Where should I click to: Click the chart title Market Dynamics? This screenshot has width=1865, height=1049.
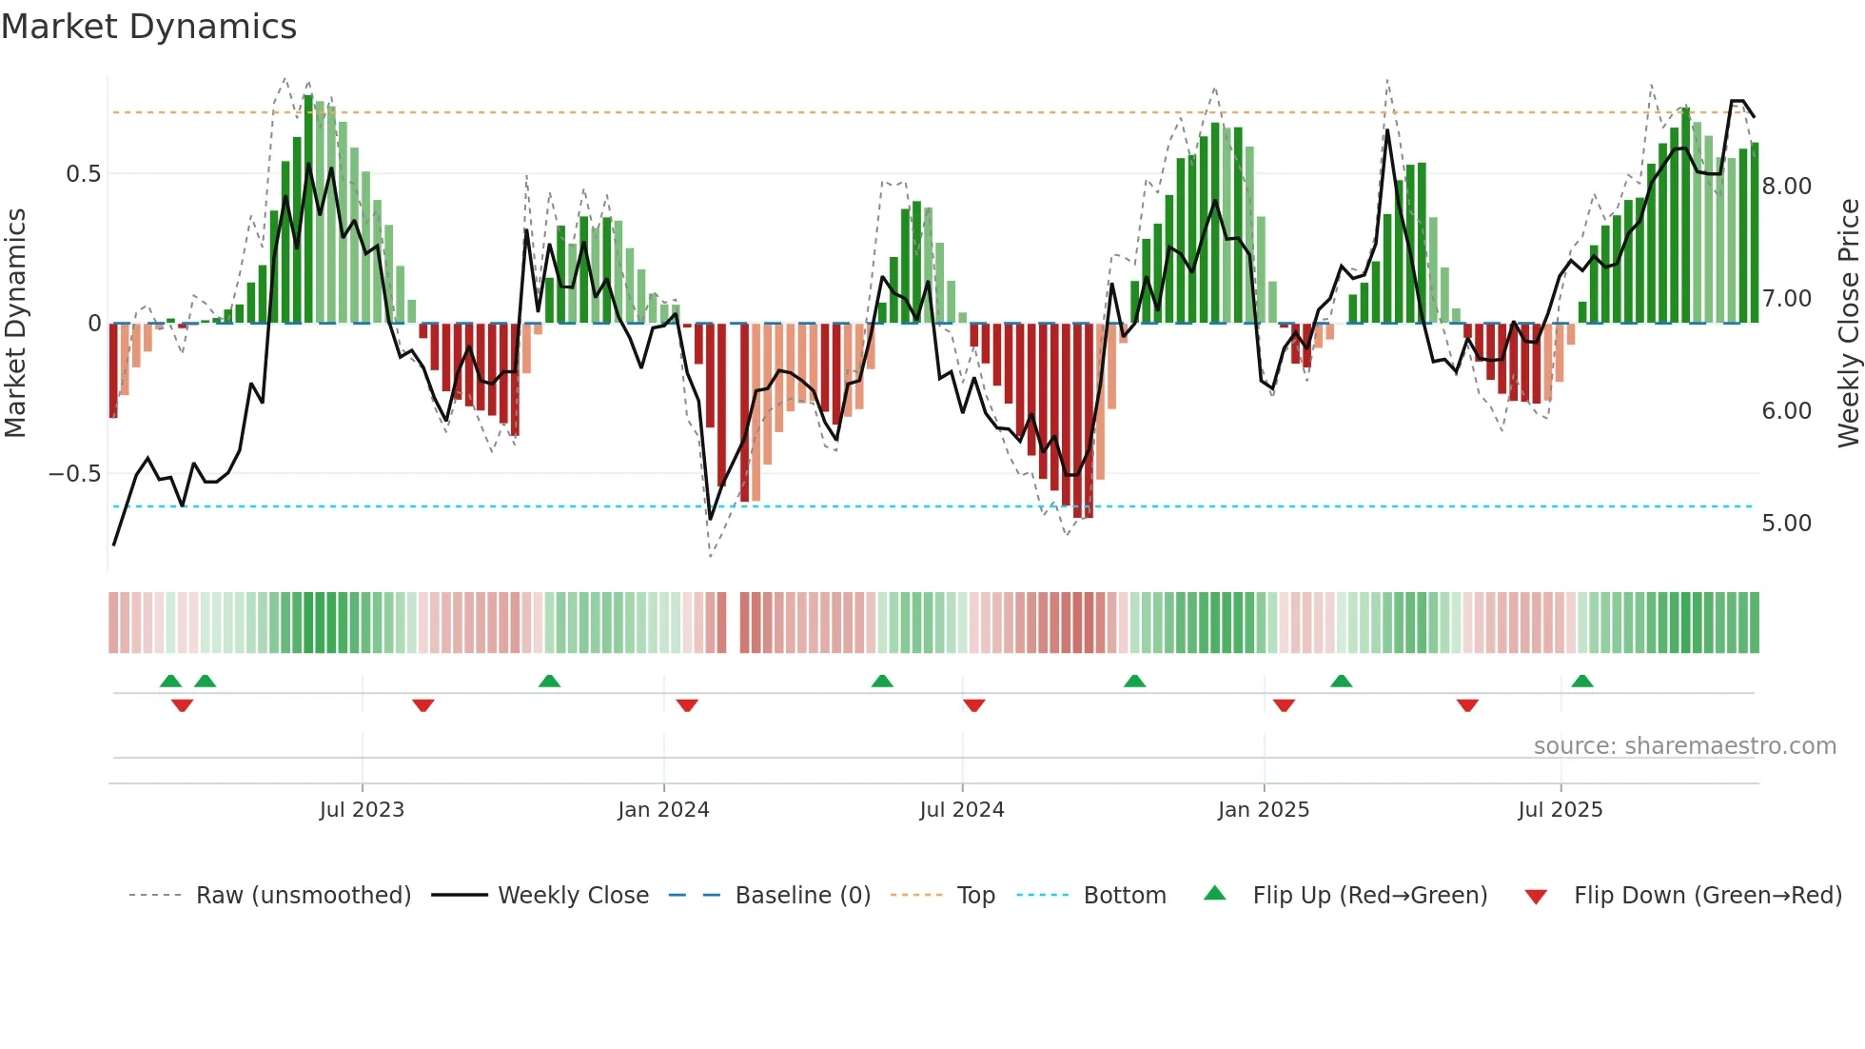[148, 27]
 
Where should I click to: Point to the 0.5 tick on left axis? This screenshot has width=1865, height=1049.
[83, 174]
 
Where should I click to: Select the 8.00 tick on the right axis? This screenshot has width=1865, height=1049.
[1786, 187]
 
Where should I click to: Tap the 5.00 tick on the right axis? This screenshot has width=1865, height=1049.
[1786, 524]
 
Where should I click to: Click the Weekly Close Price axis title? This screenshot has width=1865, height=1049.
[1848, 324]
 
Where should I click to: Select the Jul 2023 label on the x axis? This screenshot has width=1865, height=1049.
[362, 810]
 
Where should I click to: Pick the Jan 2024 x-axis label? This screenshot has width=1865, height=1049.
[663, 810]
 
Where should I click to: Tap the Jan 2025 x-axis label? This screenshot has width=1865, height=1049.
[1264, 810]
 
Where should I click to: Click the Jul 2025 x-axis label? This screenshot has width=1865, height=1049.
[1561, 810]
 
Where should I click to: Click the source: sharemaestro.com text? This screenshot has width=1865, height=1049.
[1684, 746]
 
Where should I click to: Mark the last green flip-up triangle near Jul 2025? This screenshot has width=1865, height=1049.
[1582, 682]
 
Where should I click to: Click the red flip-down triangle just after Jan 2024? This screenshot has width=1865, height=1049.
[687, 704]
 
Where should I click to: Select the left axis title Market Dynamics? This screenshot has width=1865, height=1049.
[15, 324]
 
